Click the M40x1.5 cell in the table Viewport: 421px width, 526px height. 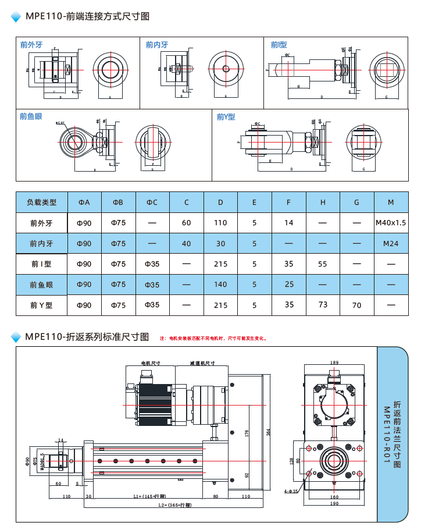(x=391, y=223)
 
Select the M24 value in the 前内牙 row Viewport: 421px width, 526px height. (x=391, y=244)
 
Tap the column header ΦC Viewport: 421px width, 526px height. (x=152, y=202)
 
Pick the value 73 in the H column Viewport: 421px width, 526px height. (x=323, y=304)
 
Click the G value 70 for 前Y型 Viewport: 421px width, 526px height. (x=356, y=305)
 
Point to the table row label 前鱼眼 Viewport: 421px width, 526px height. (x=42, y=285)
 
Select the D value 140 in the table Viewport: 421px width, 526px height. (x=220, y=285)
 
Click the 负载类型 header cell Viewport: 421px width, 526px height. (x=42, y=202)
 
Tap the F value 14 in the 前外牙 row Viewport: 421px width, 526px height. (x=289, y=223)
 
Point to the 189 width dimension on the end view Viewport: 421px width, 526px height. (x=334, y=362)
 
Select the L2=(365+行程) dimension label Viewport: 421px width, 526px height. (x=174, y=505)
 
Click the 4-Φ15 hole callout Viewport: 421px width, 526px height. (x=291, y=491)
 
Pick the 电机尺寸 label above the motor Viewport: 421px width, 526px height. (x=151, y=362)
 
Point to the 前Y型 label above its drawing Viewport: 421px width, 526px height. (x=226, y=117)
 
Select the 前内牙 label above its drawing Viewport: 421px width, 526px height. (x=157, y=44)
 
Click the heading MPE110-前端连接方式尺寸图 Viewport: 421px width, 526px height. (x=87, y=16)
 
